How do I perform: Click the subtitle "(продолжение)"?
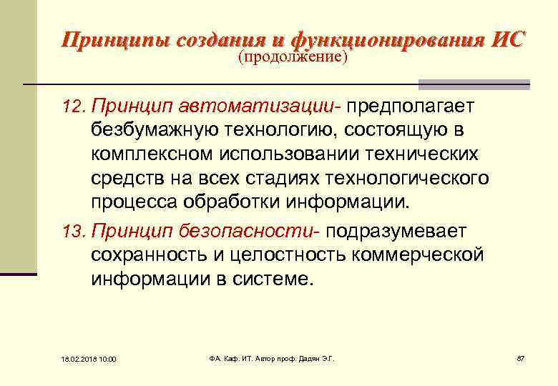point(293,56)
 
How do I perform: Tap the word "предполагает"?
point(406,107)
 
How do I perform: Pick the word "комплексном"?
point(155,154)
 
